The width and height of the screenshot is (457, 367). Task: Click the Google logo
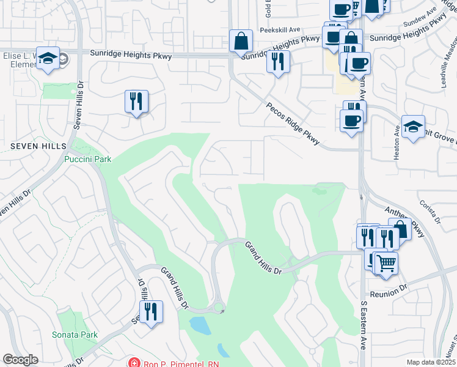tap(20, 360)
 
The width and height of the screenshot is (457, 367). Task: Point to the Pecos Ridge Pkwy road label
tap(293, 124)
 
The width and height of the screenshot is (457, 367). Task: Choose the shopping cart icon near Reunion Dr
tap(386, 263)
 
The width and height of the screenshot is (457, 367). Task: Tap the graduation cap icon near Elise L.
tap(48, 58)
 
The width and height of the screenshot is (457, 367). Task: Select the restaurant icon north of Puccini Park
tap(137, 101)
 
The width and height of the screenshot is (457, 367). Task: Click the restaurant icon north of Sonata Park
tap(151, 312)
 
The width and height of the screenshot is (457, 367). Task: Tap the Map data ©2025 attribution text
tap(430, 361)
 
